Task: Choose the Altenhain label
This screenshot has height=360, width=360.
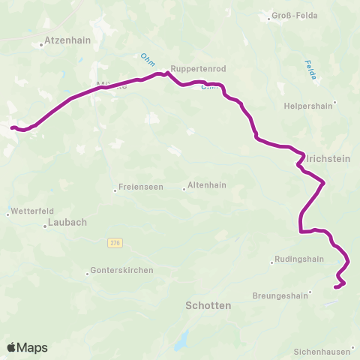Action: (x=208, y=184)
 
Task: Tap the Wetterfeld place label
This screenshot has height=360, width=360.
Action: (x=29, y=213)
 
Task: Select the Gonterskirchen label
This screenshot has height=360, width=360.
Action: (x=121, y=270)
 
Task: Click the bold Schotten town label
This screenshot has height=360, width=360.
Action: (x=208, y=306)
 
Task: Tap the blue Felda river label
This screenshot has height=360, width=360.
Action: (x=309, y=70)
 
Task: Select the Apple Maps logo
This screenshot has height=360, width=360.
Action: (x=27, y=347)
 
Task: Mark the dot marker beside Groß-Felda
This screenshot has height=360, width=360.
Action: (x=269, y=16)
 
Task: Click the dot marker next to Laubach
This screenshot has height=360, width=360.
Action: (x=45, y=225)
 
